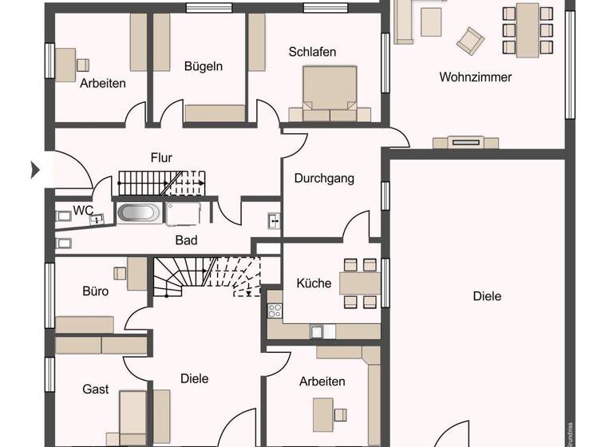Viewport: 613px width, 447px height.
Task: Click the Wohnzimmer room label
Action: (x=475, y=77)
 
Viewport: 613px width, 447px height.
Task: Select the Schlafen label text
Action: (x=312, y=52)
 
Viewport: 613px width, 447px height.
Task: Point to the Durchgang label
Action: (x=324, y=178)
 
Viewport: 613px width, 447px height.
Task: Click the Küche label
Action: (x=314, y=283)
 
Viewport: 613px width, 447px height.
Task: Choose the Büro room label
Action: (x=95, y=291)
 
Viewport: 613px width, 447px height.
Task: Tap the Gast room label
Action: (x=96, y=389)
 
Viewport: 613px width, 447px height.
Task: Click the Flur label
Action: (x=161, y=157)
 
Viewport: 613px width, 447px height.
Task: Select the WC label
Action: (x=83, y=210)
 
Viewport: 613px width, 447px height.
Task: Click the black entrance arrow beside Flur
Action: (x=35, y=169)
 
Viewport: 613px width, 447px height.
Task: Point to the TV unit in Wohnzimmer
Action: (x=465, y=143)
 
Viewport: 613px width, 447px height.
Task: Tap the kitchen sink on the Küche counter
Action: (x=317, y=330)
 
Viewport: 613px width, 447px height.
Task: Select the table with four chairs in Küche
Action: (x=359, y=283)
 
